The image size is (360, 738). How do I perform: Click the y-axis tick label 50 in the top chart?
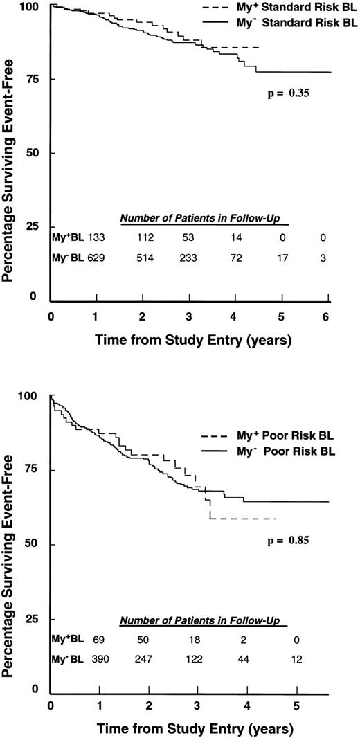click(x=35, y=153)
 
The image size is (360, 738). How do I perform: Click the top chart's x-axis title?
click(x=190, y=341)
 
